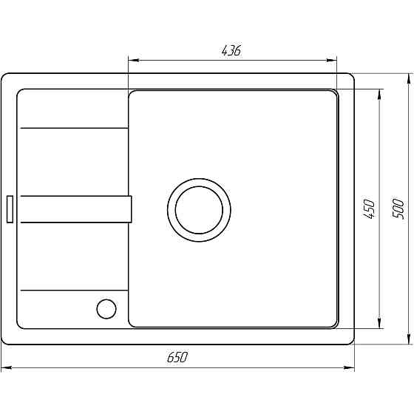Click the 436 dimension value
[x=231, y=50]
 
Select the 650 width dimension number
[x=177, y=357]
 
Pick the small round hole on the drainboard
[x=106, y=308]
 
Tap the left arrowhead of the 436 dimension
[x=133, y=61]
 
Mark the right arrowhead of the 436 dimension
[x=334, y=61]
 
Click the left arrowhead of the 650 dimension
[x=6, y=367]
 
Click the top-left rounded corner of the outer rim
[x=6, y=78]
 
